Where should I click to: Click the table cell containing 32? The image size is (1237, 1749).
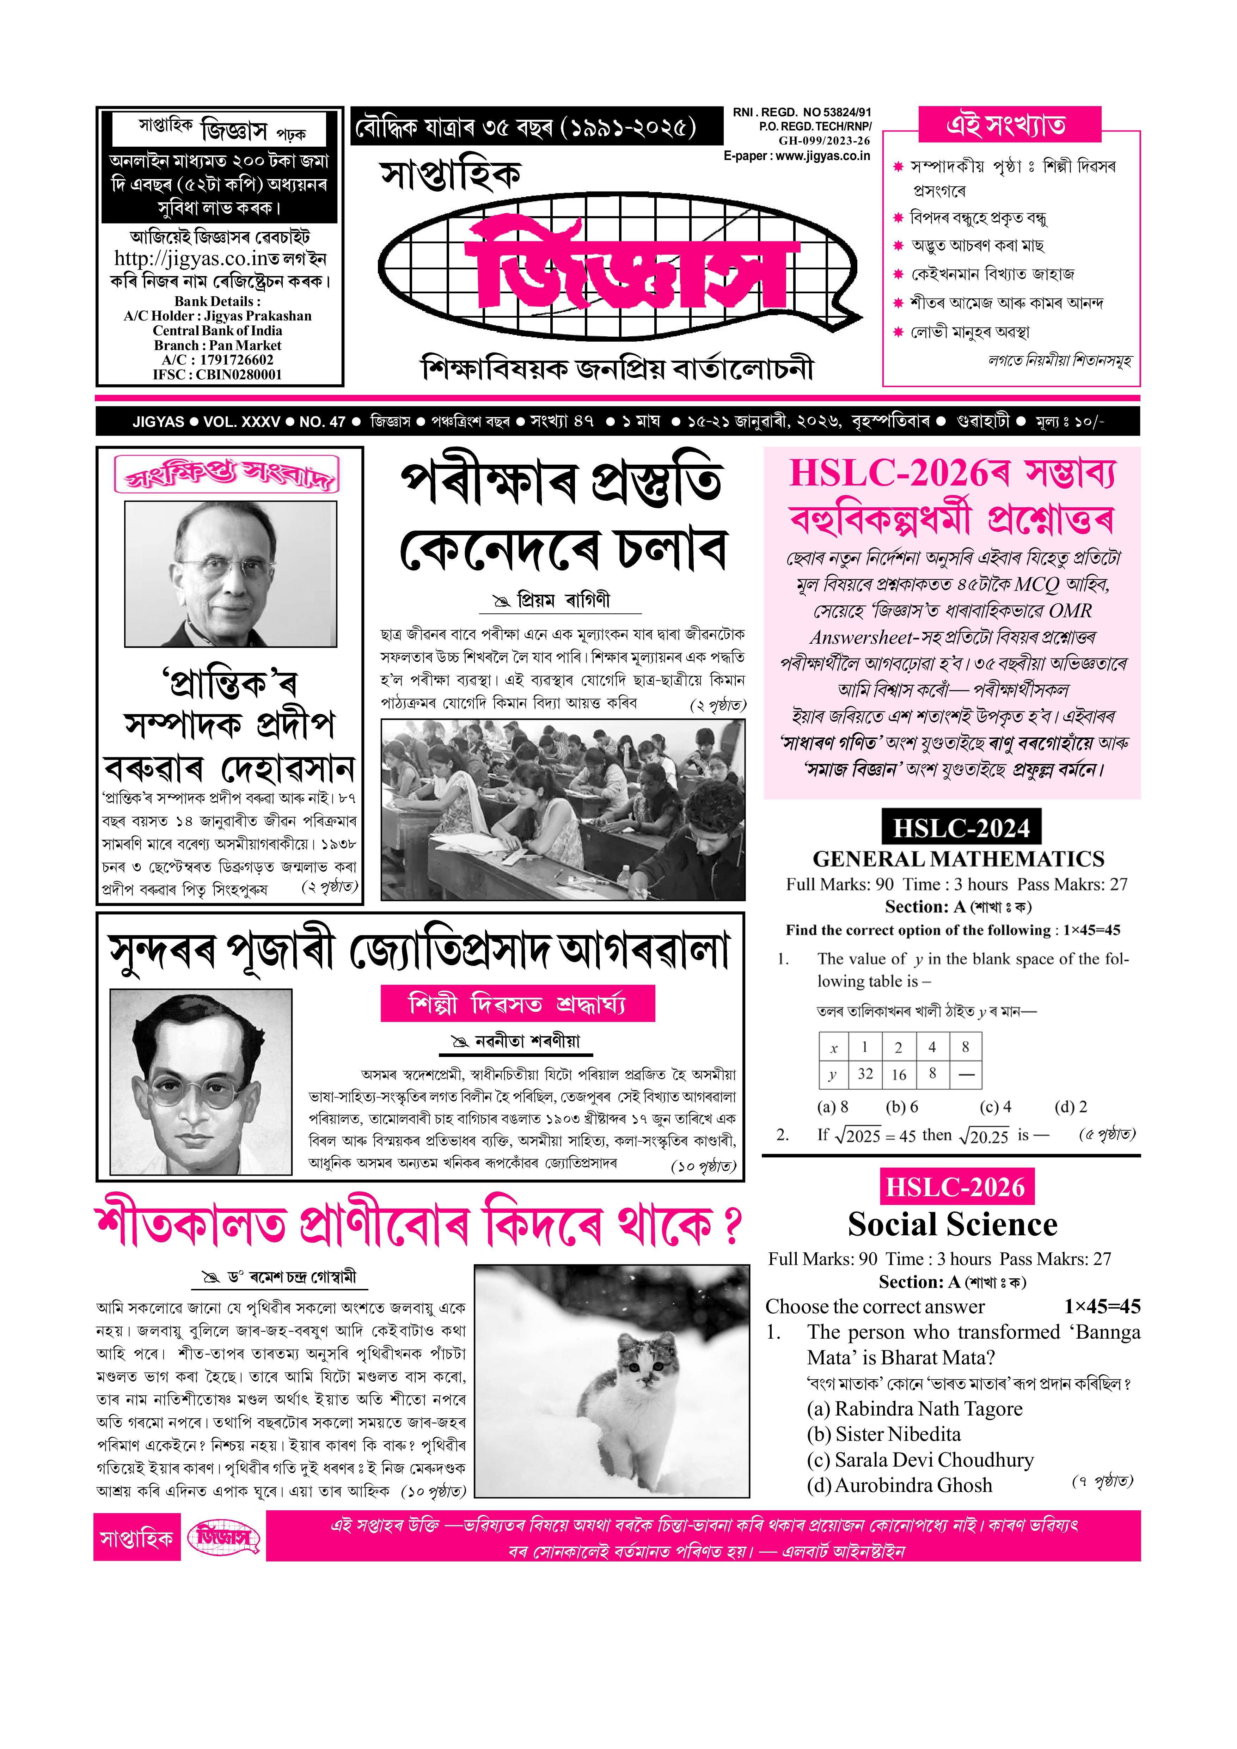pos(865,1074)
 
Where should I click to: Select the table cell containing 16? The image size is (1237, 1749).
pos(899,1074)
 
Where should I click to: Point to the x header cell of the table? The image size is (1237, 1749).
pos(834,1048)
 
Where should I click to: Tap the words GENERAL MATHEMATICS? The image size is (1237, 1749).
pos(958,859)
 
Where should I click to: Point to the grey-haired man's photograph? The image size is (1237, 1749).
pos(231,574)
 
